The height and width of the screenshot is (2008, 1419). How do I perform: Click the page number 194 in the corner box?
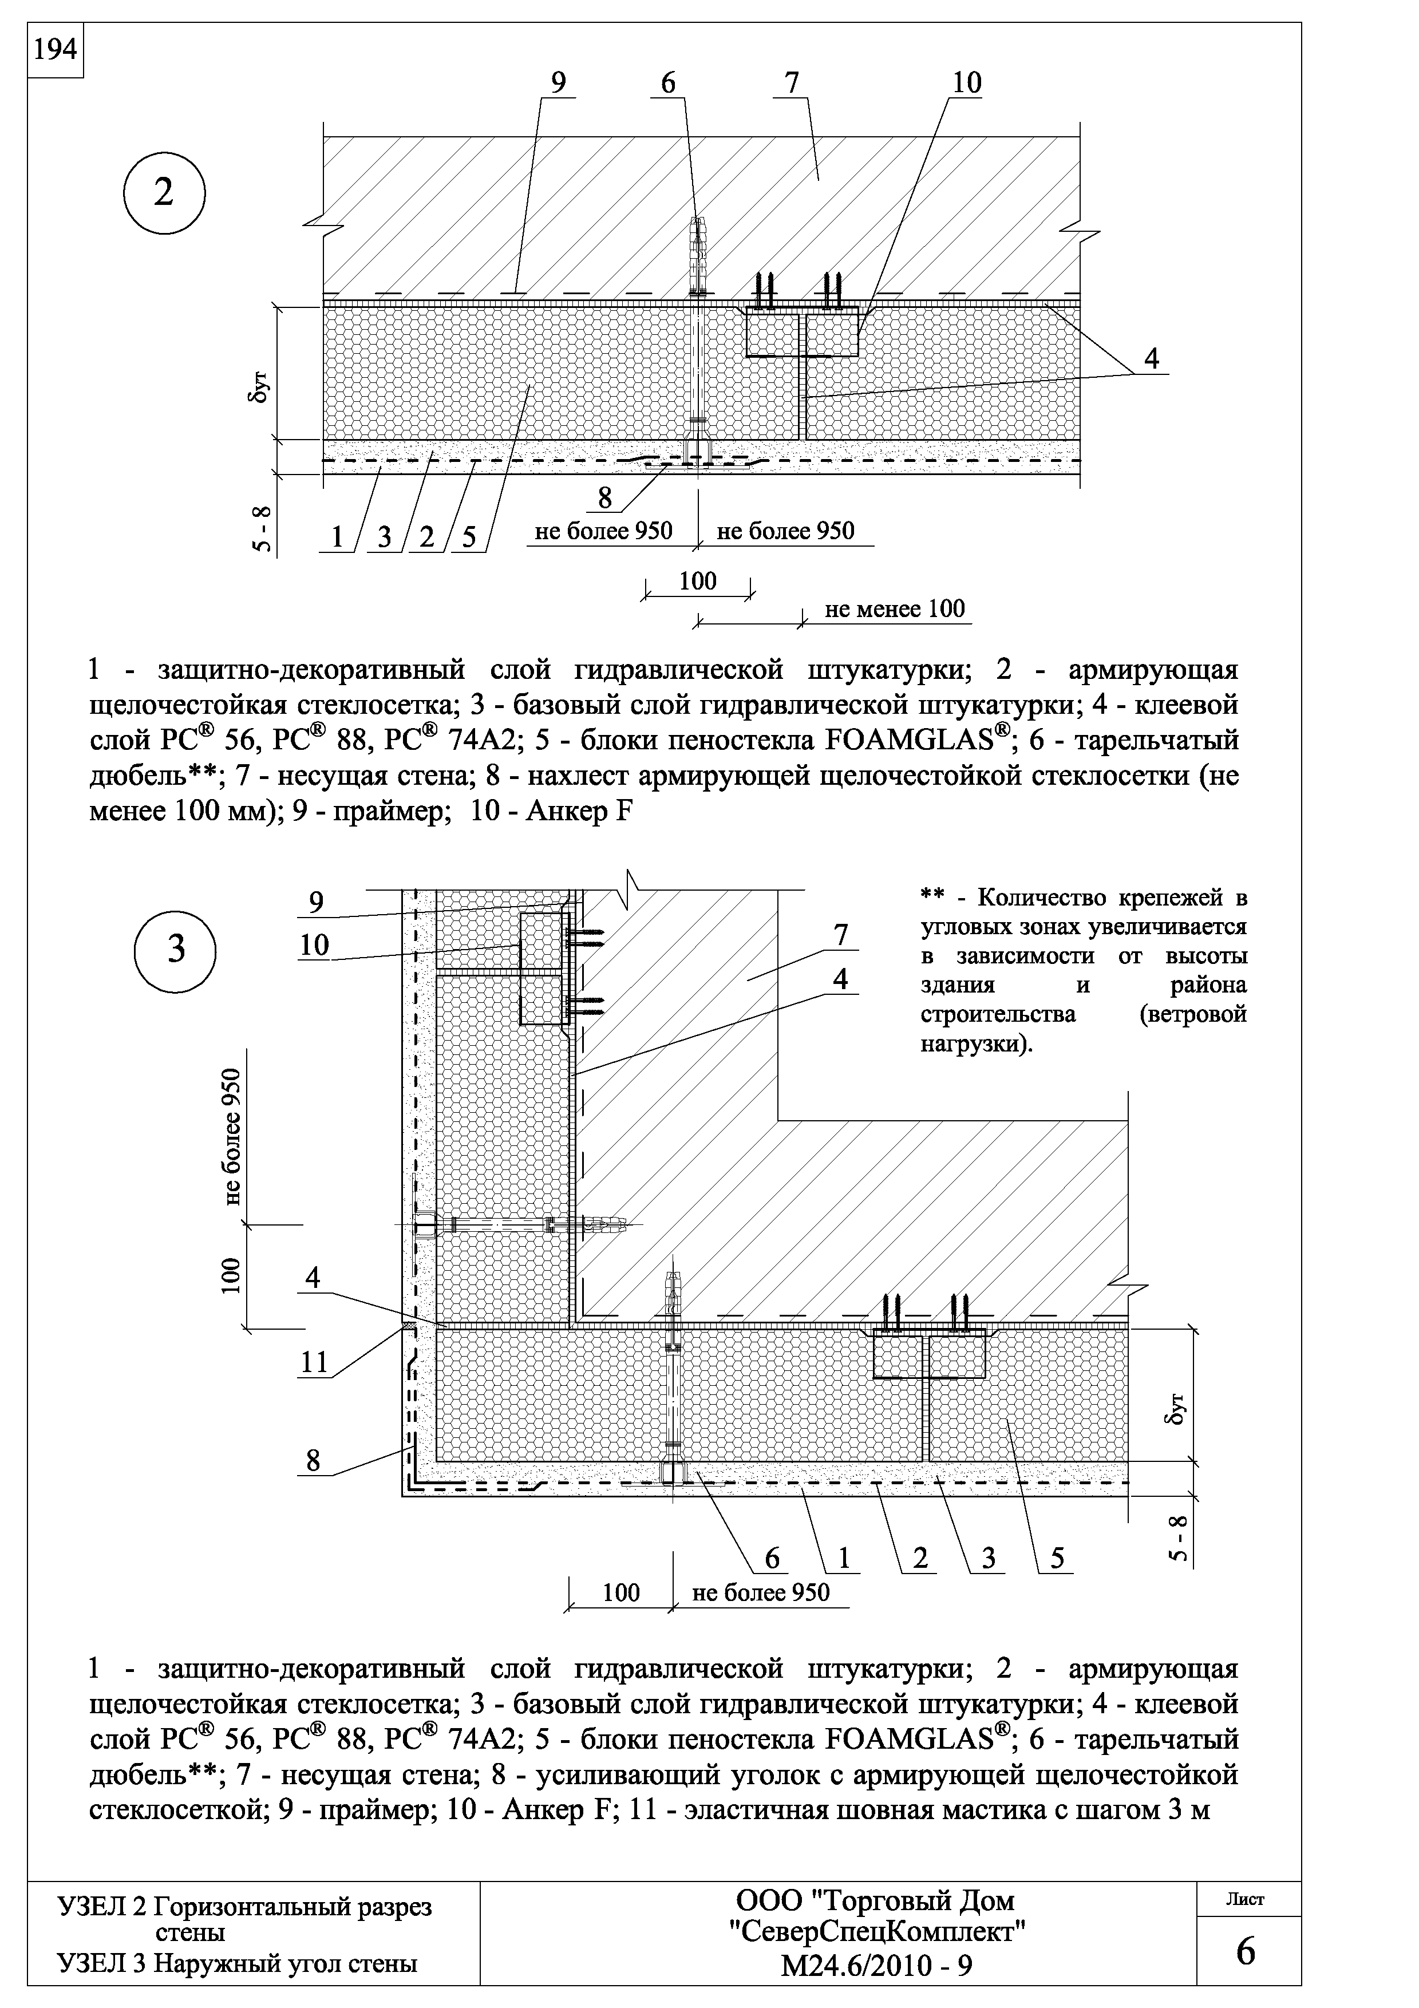point(55,51)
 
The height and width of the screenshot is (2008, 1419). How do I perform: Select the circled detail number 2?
point(164,194)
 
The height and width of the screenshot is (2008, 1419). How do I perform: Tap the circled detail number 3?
point(176,950)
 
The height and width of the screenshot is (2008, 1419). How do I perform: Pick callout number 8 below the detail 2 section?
point(605,497)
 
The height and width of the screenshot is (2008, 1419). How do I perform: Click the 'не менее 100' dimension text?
point(895,608)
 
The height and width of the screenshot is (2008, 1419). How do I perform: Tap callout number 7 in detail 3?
point(840,935)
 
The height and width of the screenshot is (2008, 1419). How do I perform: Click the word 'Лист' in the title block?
point(1246,1899)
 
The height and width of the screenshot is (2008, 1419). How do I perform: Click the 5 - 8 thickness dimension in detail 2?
point(262,529)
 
